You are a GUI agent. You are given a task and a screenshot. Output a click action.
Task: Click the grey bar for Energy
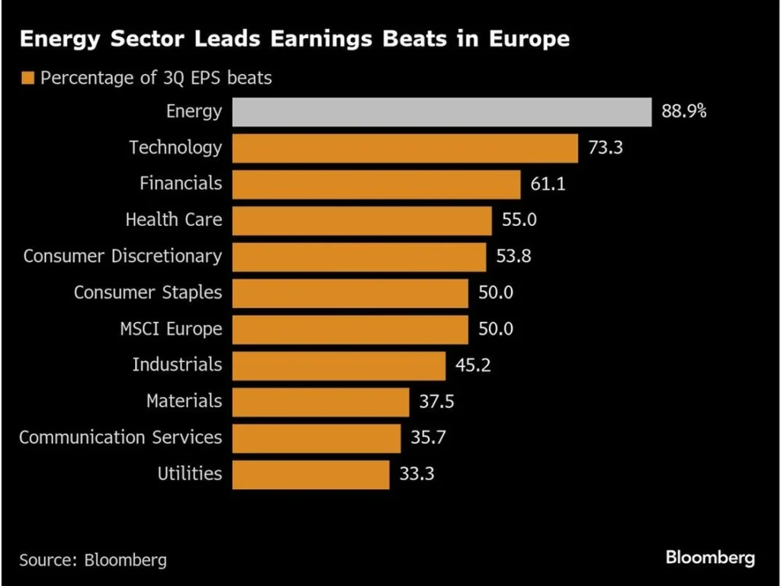click(442, 112)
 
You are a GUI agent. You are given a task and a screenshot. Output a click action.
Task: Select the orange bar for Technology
click(405, 148)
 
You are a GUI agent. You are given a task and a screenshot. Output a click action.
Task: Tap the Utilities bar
click(310, 474)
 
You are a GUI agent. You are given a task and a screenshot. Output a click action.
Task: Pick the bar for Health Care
click(362, 221)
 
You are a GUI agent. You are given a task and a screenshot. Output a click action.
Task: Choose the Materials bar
click(320, 401)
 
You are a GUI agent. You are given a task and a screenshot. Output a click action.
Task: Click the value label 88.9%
click(684, 112)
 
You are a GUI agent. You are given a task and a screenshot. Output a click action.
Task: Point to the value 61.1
click(548, 184)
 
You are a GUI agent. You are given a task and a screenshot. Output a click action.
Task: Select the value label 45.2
click(474, 365)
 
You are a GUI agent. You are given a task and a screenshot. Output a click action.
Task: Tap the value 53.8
click(514, 256)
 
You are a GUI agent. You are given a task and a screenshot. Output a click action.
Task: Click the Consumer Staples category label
click(148, 292)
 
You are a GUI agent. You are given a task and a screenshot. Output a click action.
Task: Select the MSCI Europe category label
click(171, 329)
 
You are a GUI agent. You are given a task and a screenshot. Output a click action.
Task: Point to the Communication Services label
click(121, 438)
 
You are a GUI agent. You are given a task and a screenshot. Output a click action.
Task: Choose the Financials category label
click(181, 184)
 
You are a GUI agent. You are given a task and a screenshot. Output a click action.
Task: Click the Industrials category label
click(177, 365)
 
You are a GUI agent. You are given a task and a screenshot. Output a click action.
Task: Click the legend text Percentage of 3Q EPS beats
click(156, 78)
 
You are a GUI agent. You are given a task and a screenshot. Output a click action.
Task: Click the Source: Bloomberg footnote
click(93, 560)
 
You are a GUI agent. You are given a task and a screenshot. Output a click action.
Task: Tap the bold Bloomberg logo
click(710, 558)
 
